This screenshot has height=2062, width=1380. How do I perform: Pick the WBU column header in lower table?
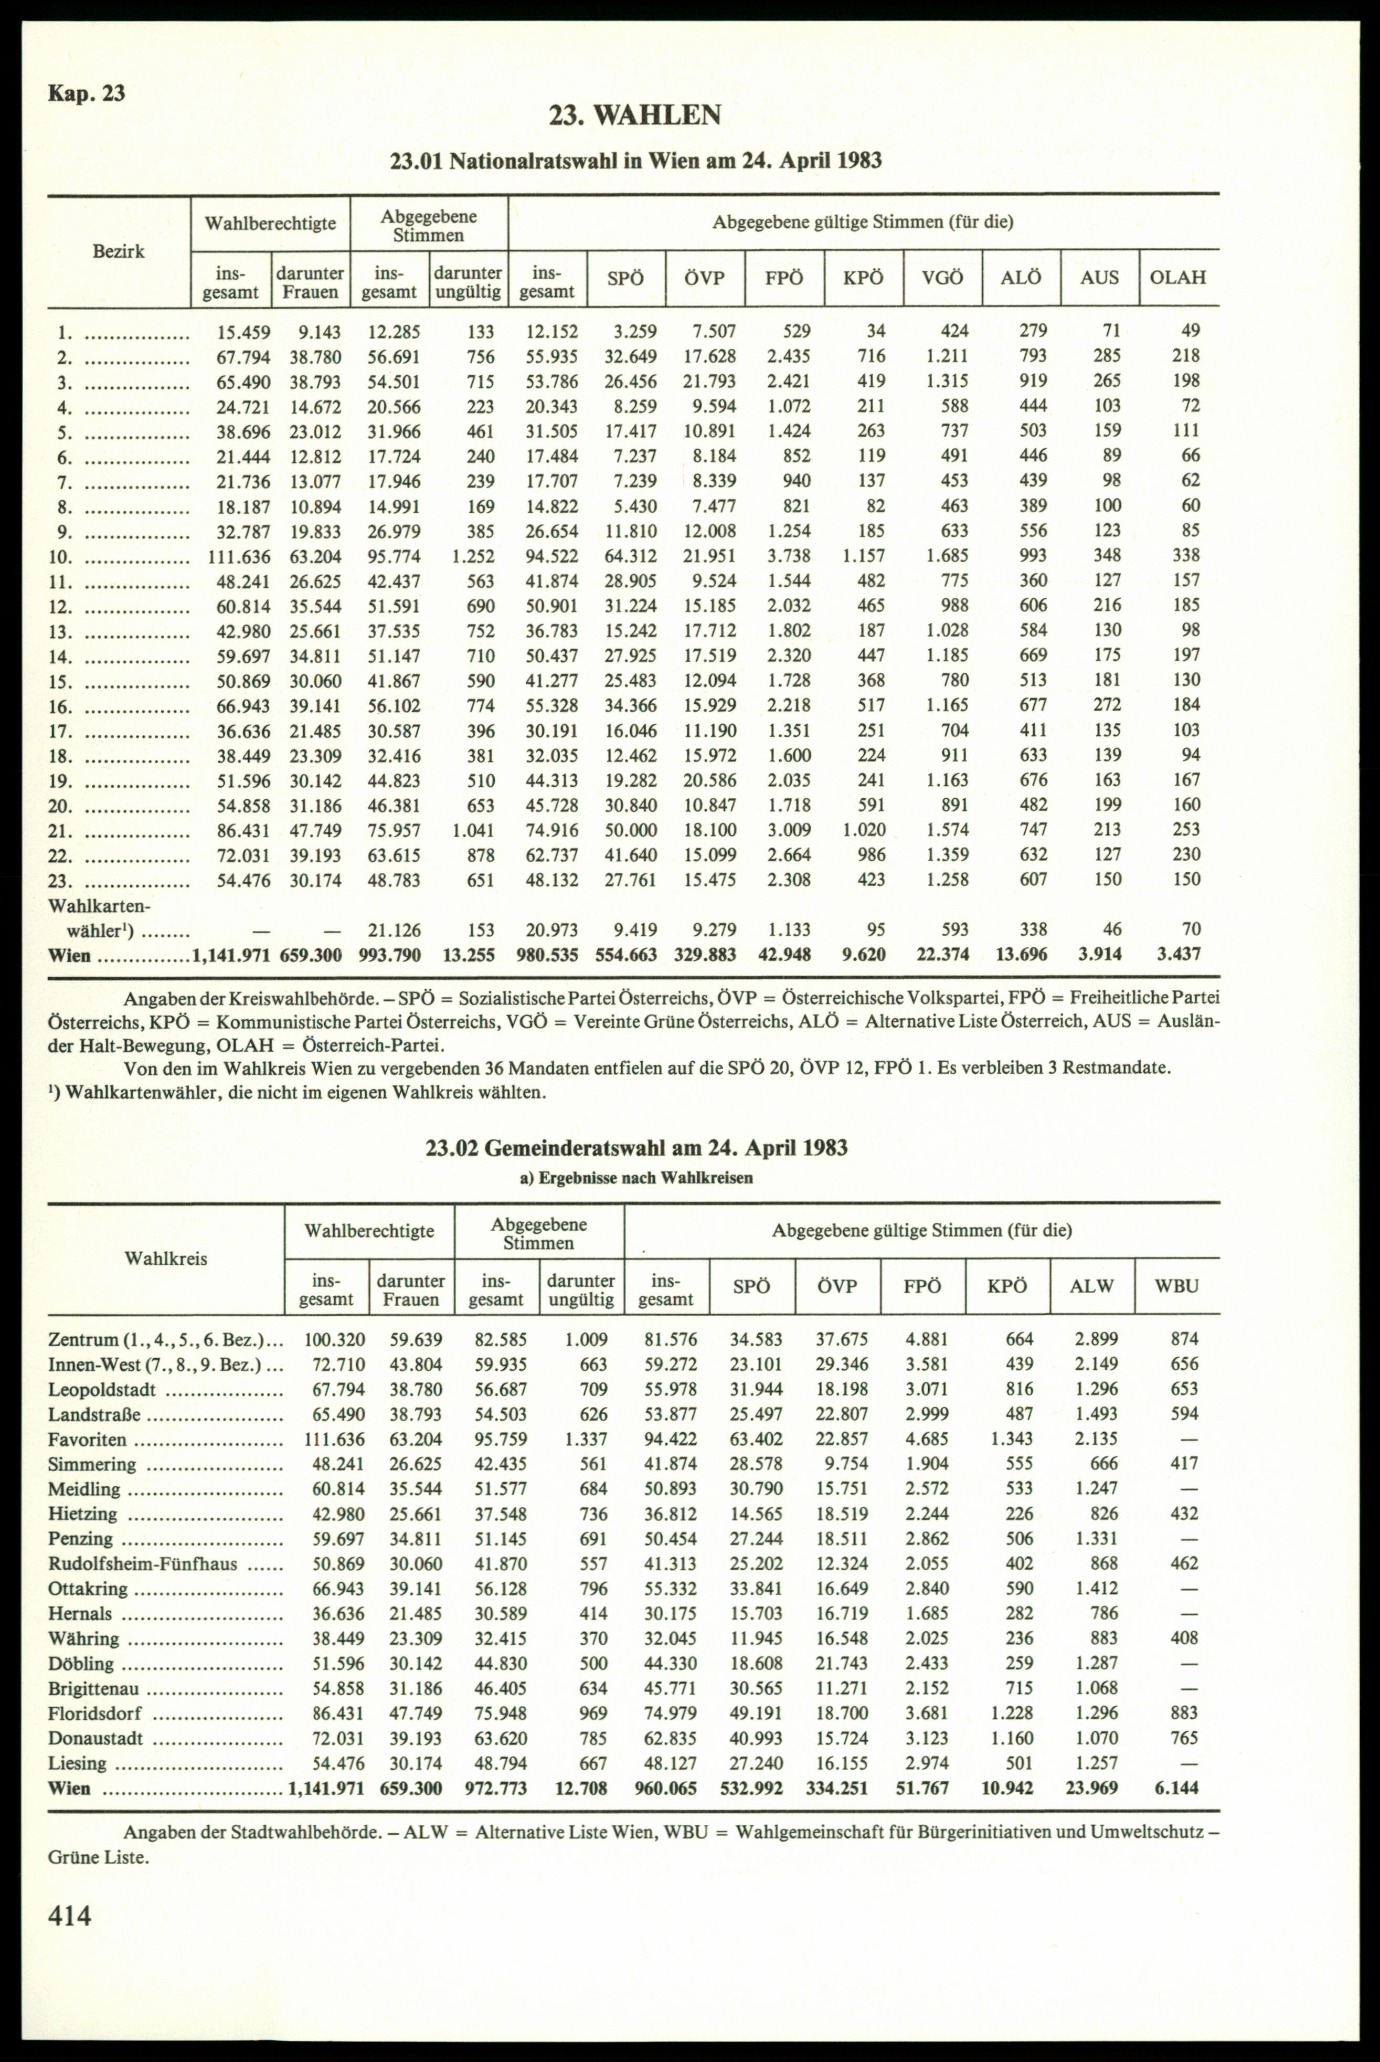click(x=1177, y=1286)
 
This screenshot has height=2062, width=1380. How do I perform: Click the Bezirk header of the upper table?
click(x=119, y=252)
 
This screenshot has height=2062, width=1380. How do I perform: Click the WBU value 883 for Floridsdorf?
click(x=1184, y=1712)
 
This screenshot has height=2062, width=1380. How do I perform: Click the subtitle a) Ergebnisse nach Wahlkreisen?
click(x=635, y=1178)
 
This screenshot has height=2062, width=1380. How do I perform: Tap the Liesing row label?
click(x=78, y=1763)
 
